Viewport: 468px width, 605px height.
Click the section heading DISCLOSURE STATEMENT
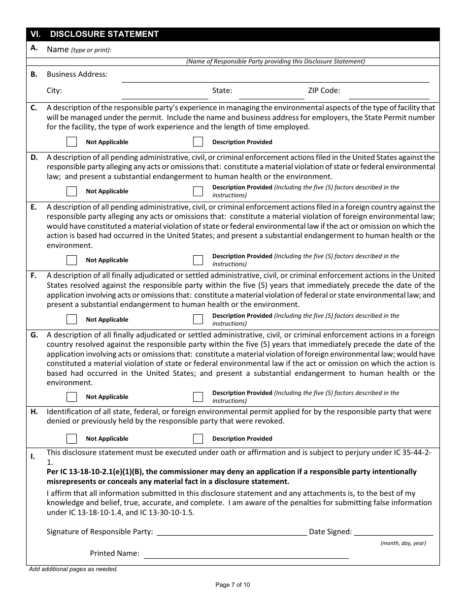(104, 34)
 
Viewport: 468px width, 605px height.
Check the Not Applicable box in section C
(72, 142)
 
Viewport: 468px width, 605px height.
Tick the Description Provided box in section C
(198, 142)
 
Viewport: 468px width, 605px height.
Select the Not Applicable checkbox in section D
(72, 191)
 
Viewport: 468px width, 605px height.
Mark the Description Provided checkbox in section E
(198, 260)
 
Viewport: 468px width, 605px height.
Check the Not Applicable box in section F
(72, 319)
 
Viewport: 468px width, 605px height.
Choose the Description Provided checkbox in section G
(198, 396)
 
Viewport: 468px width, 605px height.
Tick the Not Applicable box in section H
(72, 438)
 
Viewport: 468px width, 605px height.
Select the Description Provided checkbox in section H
(198, 438)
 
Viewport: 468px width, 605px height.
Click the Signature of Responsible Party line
(231, 532)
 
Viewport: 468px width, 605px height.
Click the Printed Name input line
(246, 554)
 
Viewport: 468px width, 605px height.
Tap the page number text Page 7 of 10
(233, 585)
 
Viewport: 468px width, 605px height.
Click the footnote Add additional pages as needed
(73, 569)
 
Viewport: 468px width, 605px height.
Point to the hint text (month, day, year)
(403, 543)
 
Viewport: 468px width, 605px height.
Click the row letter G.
(34, 335)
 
